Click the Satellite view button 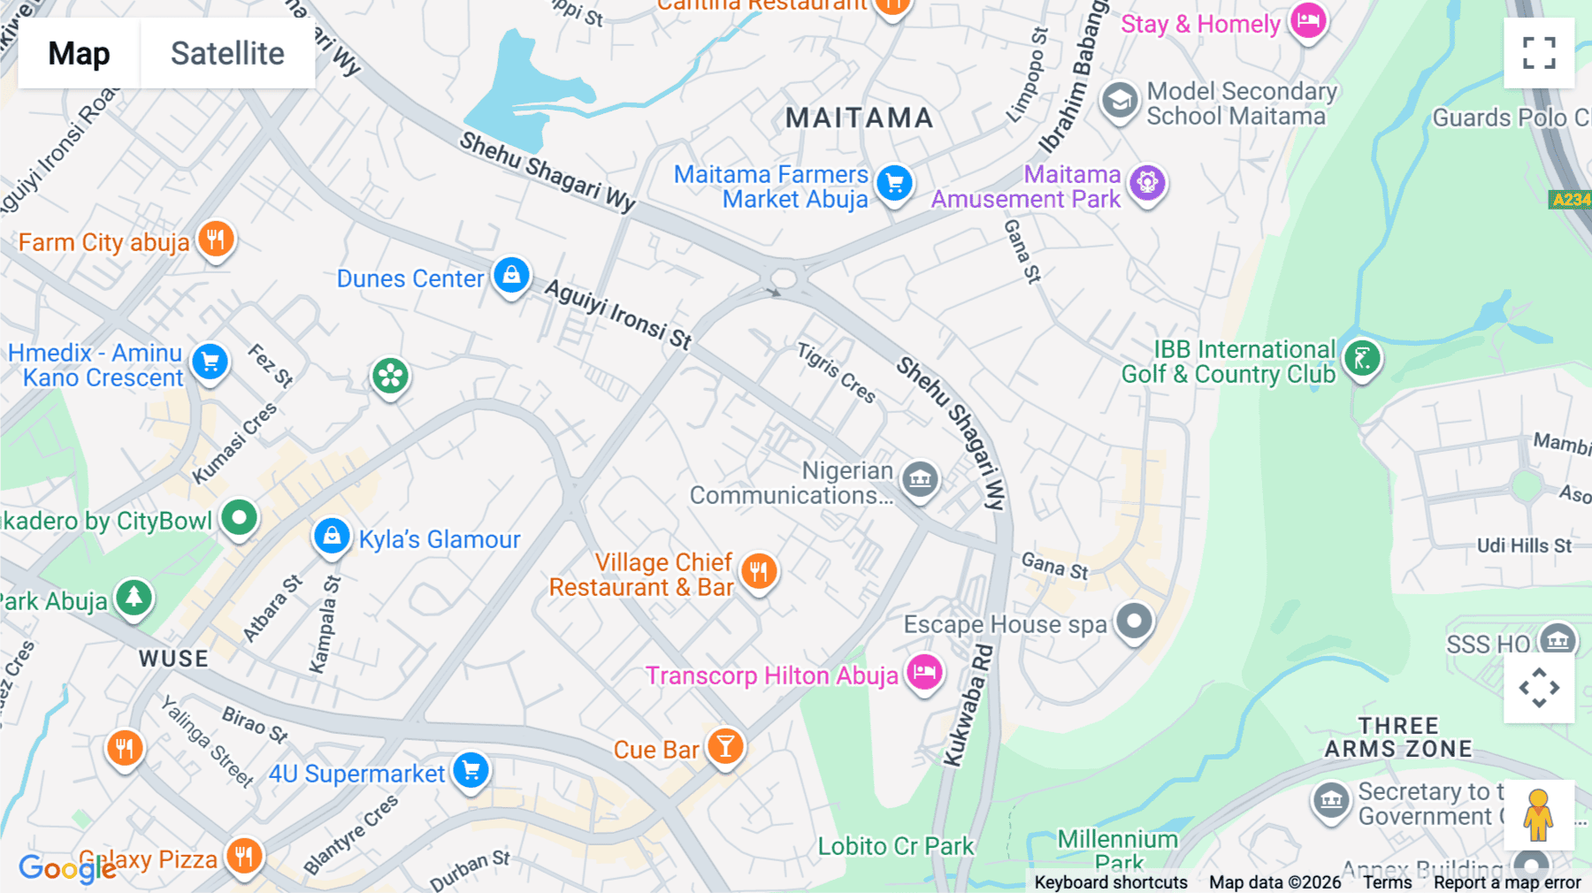click(x=227, y=53)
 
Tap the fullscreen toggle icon click(x=1539, y=53)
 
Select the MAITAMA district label click(x=859, y=118)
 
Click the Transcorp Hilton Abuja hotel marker click(x=924, y=672)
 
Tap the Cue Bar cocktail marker click(x=725, y=746)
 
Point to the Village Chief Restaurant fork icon click(x=759, y=571)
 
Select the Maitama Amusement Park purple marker click(x=1147, y=183)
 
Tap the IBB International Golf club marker click(x=1362, y=358)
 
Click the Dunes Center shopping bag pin click(x=511, y=275)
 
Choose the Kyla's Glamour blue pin click(x=332, y=536)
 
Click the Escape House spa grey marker click(x=1134, y=622)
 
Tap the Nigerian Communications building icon click(x=920, y=479)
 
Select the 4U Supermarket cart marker click(x=471, y=769)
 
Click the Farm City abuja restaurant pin click(x=216, y=238)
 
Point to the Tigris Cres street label click(x=837, y=372)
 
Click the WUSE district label click(x=173, y=659)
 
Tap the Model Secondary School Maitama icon click(x=1120, y=101)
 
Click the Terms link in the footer click(x=1387, y=882)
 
